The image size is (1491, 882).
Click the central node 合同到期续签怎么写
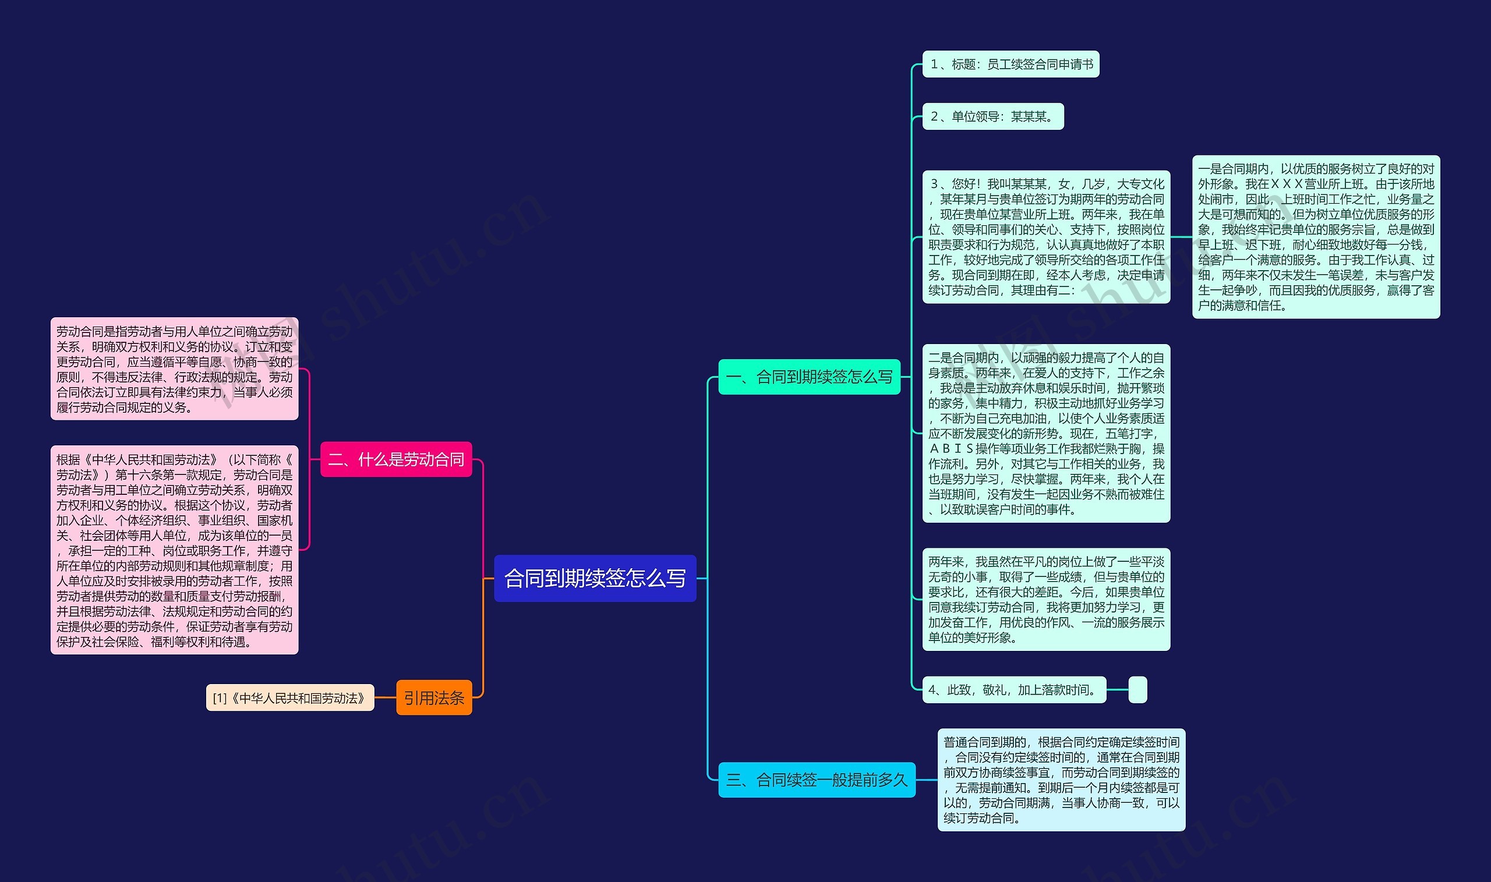(595, 578)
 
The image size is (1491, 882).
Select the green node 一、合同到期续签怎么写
(809, 377)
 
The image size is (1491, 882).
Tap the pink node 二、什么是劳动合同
(396, 459)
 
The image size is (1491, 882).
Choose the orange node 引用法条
(434, 698)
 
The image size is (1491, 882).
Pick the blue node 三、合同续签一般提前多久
(817, 780)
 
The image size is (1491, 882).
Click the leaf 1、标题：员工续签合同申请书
(1011, 64)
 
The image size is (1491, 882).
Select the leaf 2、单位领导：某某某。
(993, 116)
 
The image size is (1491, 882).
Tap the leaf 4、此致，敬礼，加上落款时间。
(1014, 690)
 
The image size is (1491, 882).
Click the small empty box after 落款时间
(1137, 690)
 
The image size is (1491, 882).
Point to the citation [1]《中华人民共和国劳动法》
(290, 698)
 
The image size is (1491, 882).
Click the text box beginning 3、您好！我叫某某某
(1046, 237)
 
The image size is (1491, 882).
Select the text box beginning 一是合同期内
(1316, 237)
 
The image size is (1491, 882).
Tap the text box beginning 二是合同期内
(1046, 433)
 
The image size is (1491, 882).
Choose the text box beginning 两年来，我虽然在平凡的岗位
(1046, 599)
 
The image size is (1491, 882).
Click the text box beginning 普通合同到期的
(1061, 780)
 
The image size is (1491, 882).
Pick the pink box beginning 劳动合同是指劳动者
(174, 369)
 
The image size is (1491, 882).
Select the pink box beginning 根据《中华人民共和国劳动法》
(174, 550)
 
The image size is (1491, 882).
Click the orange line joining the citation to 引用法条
(385, 698)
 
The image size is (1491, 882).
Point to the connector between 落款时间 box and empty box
(1118, 690)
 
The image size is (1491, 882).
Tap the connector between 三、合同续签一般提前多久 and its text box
(926, 780)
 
